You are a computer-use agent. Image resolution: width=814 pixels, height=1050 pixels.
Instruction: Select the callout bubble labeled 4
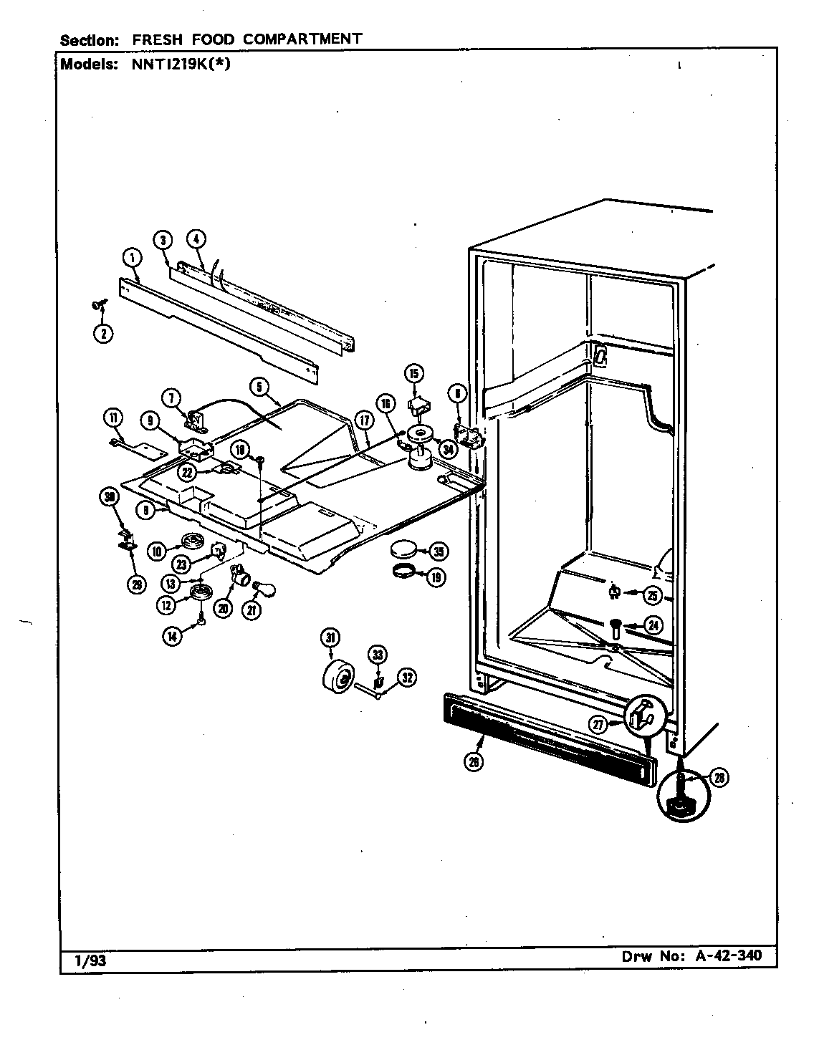[x=195, y=240]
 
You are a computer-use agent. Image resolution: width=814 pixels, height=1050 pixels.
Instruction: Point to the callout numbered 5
[x=259, y=387]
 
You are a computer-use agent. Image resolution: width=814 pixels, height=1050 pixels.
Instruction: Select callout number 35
[x=437, y=551]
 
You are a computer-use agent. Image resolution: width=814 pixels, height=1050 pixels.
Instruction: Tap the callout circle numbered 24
[x=652, y=625]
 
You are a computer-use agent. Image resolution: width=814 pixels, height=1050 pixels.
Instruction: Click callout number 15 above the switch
[x=413, y=373]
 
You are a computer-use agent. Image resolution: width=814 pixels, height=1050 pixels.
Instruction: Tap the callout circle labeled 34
[x=448, y=450]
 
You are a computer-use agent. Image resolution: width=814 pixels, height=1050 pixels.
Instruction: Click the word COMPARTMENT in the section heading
[x=302, y=39]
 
